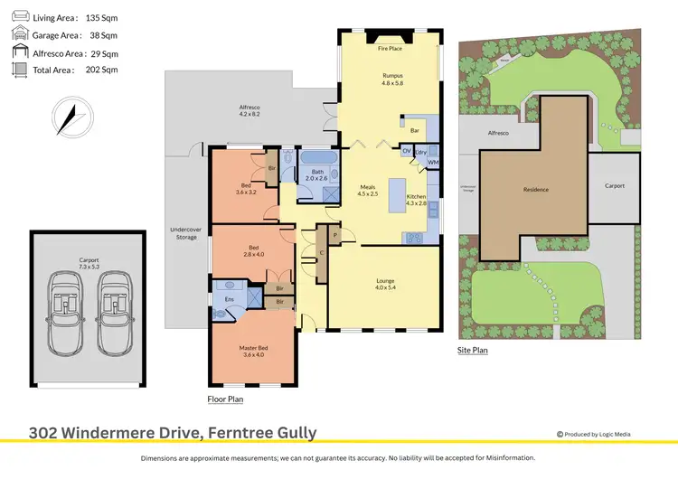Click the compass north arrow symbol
click(x=70, y=117)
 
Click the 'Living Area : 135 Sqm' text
click(x=76, y=17)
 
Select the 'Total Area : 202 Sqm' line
click(x=76, y=70)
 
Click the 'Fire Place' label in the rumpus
click(x=390, y=49)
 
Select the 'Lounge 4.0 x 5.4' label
click(x=385, y=284)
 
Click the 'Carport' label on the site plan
click(x=616, y=186)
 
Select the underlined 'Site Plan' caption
click(x=473, y=349)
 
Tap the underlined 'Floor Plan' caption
click(x=225, y=398)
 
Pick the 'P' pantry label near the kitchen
click(x=335, y=234)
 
